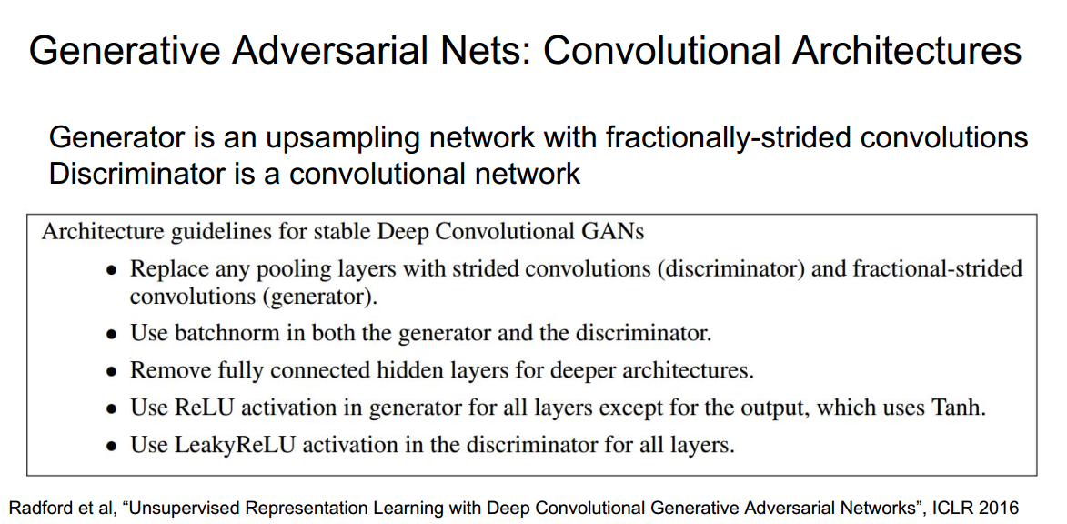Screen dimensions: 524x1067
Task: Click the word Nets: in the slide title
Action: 472,50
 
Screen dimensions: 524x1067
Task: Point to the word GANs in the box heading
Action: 612,231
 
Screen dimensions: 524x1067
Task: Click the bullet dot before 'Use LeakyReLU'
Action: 111,447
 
